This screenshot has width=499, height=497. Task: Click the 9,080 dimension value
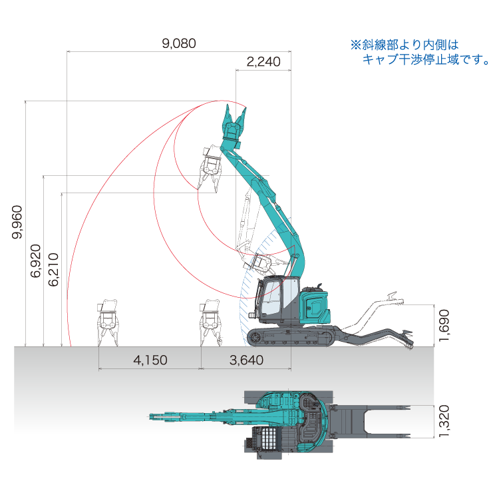pos(179,43)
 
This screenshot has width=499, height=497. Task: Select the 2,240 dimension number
pos(263,62)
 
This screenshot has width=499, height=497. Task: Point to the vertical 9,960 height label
pos(17,222)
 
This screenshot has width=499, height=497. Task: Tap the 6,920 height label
pos(36,261)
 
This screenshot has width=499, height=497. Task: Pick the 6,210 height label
pos(53,270)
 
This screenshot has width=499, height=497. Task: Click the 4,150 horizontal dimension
pos(150,360)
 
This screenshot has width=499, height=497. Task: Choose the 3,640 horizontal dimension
pos(246,360)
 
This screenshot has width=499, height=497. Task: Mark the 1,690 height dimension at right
pos(444,325)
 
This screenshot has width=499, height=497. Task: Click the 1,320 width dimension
pos(444,421)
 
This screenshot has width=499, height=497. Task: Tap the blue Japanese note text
pos(420,52)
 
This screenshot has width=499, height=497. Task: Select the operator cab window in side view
pos(271,298)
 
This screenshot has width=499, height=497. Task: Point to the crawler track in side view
pos(290,337)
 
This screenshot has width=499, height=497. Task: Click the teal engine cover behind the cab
pos(315,305)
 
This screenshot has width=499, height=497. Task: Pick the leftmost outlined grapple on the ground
pos(108,322)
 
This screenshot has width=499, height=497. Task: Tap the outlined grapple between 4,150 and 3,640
pos(210,322)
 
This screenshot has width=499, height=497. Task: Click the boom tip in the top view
pos(152,416)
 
